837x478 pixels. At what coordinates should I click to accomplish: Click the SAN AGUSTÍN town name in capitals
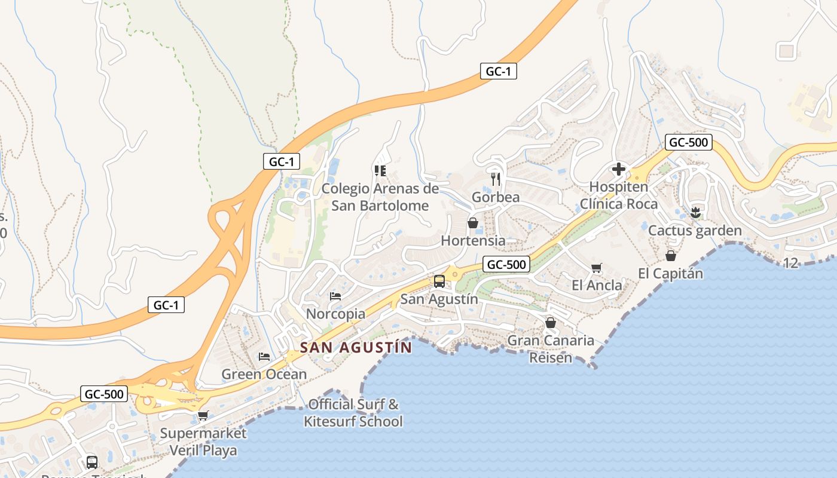click(x=356, y=348)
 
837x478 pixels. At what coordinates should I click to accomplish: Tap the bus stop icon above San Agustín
click(x=439, y=281)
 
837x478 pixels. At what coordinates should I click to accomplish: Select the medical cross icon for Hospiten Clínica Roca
click(x=619, y=169)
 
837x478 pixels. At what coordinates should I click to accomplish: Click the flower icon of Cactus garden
click(x=695, y=212)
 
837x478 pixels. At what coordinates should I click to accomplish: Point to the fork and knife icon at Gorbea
click(x=496, y=179)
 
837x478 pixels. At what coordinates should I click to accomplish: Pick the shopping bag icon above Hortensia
click(x=473, y=223)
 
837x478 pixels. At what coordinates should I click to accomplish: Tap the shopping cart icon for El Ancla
click(x=596, y=268)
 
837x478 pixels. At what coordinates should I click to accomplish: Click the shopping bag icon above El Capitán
click(x=671, y=256)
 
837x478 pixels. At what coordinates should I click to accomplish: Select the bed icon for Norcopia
click(x=335, y=296)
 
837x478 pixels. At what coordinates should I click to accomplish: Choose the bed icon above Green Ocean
click(x=264, y=357)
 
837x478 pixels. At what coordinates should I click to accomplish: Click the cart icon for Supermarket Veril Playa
click(x=203, y=415)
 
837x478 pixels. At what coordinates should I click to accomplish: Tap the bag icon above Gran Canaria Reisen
click(x=551, y=323)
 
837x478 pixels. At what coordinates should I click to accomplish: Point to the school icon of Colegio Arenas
click(x=380, y=171)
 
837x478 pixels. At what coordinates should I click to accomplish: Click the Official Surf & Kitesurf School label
click(x=353, y=413)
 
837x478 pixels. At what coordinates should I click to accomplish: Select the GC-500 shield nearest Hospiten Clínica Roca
click(x=688, y=142)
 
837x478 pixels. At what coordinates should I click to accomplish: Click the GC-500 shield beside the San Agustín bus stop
click(x=506, y=265)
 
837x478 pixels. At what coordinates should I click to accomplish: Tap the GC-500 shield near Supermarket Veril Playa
click(x=104, y=394)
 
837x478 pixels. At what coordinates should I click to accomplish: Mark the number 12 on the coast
click(x=790, y=263)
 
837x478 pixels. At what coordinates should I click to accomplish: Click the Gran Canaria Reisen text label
click(x=551, y=349)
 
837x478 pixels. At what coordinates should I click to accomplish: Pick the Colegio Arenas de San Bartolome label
click(x=380, y=197)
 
